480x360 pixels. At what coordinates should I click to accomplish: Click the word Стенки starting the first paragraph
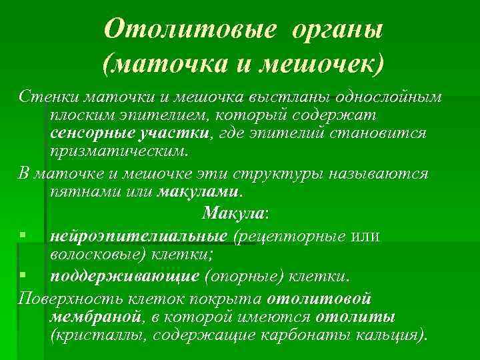click(x=47, y=97)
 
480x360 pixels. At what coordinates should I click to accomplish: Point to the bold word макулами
click(x=199, y=193)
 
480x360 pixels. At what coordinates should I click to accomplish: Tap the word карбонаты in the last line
click(x=323, y=334)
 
